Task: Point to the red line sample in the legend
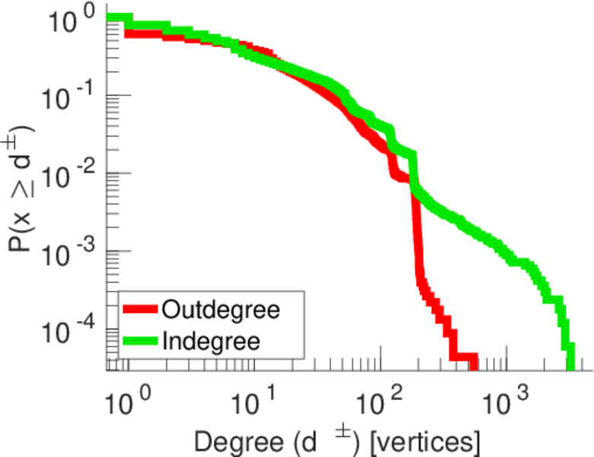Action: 141,310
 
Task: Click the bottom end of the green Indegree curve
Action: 570,366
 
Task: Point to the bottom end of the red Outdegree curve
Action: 473,364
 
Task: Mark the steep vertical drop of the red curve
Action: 417,236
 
